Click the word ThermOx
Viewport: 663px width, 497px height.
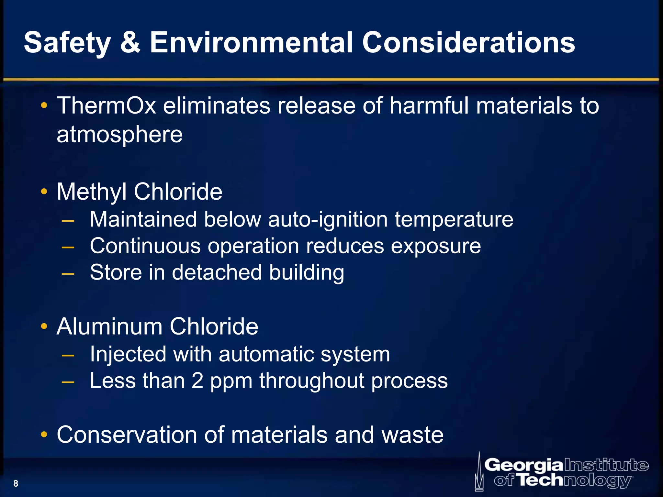pyautogui.click(x=107, y=106)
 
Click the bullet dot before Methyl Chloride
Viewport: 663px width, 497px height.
pyautogui.click(x=44, y=192)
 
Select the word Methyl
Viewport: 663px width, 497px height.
pyautogui.click(x=91, y=192)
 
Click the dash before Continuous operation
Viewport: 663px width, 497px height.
pyautogui.click(x=68, y=247)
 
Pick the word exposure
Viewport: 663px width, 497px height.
pyautogui.click(x=436, y=247)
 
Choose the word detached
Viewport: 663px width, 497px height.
pyautogui.click(x=217, y=272)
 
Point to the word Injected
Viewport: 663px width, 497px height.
pyautogui.click(x=128, y=354)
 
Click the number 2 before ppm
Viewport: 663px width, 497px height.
pyautogui.click(x=197, y=381)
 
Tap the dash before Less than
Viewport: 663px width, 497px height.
pyautogui.click(x=68, y=382)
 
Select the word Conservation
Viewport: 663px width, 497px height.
pyautogui.click(x=127, y=435)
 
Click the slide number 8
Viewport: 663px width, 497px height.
pyautogui.click(x=16, y=483)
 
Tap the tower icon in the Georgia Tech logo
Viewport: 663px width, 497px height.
pyautogui.click(x=479, y=472)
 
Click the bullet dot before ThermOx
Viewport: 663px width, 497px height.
pyautogui.click(x=44, y=105)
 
